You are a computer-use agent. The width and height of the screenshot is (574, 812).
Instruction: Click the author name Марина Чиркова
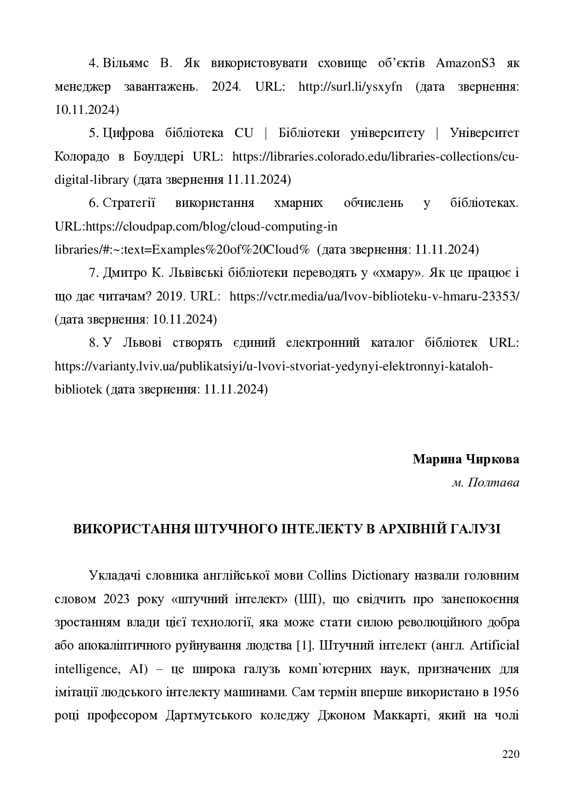466,459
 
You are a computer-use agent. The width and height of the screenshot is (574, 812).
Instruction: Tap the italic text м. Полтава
486,482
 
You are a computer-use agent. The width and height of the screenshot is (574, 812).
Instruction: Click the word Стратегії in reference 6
129,203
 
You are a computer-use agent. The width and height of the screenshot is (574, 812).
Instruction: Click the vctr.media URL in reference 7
374,296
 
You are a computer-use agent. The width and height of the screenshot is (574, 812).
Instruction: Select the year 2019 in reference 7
170,296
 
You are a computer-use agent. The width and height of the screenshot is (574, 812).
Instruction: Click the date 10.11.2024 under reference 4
87,110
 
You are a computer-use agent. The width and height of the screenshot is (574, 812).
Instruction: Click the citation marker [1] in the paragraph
305,645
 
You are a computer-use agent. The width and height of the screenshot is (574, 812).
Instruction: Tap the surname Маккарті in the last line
399,715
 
